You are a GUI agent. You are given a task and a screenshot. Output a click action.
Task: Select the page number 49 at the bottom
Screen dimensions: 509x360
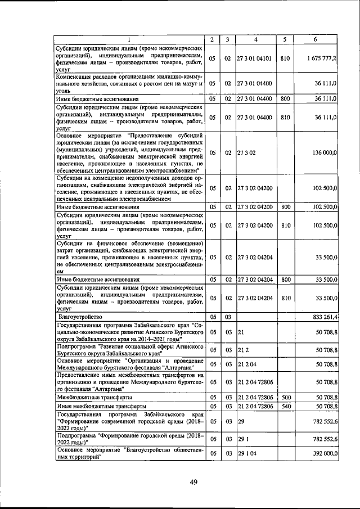pos(193,481)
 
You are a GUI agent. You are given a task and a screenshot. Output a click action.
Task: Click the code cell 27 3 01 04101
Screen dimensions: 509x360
pos(255,58)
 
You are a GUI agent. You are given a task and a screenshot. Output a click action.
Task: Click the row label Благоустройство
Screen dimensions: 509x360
pos(80,317)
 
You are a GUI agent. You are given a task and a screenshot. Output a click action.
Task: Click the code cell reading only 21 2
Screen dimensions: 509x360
pos(244,350)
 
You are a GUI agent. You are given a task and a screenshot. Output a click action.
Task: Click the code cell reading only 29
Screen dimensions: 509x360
pos(241,421)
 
